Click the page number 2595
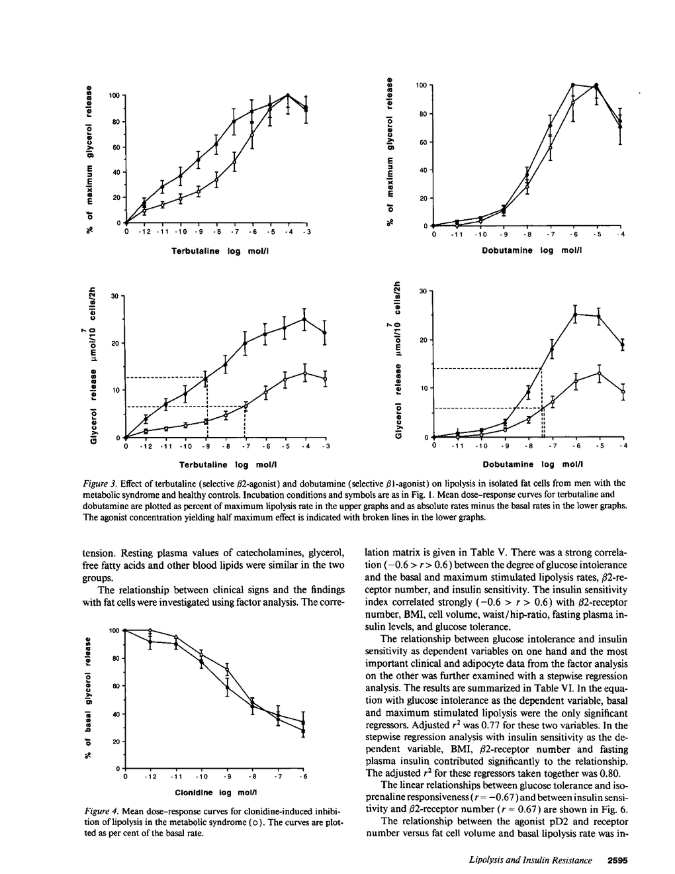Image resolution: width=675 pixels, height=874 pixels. click(x=616, y=860)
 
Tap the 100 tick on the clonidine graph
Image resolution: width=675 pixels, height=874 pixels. click(x=114, y=630)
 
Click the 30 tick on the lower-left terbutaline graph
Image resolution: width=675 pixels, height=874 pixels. click(x=114, y=296)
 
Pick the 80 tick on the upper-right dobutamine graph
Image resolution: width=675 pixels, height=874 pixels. click(x=422, y=114)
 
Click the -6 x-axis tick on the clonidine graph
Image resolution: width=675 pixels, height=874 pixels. click(x=304, y=776)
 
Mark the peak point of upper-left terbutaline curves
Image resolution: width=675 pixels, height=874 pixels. click(x=288, y=95)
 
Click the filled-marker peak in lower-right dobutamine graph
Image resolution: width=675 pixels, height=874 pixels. click(x=575, y=314)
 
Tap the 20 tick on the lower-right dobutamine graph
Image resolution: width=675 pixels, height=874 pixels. click(x=422, y=340)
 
